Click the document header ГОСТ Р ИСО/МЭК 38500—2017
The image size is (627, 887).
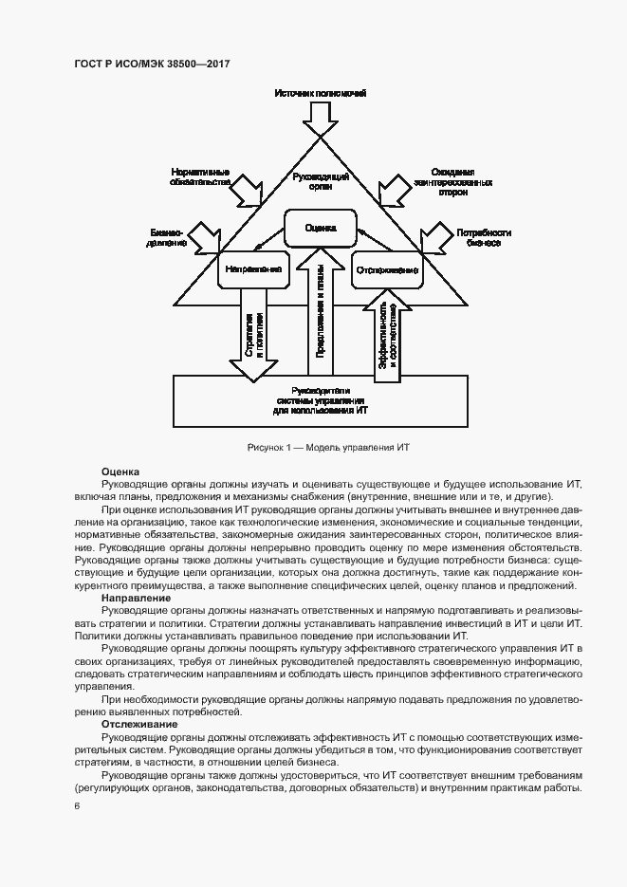pyautogui.click(x=152, y=65)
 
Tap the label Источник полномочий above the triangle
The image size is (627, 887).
pyautogui.click(x=320, y=93)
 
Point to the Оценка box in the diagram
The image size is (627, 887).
pyautogui.click(x=322, y=228)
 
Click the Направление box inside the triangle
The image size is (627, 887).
pyautogui.click(x=254, y=269)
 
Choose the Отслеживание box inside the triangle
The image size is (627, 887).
pyautogui.click(x=387, y=270)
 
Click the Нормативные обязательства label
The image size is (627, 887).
pyautogui.click(x=200, y=175)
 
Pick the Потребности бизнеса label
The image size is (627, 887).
pyautogui.click(x=483, y=236)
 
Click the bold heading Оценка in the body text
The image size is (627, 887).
pyautogui.click(x=120, y=471)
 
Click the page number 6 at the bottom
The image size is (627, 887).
pyautogui.click(x=77, y=806)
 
